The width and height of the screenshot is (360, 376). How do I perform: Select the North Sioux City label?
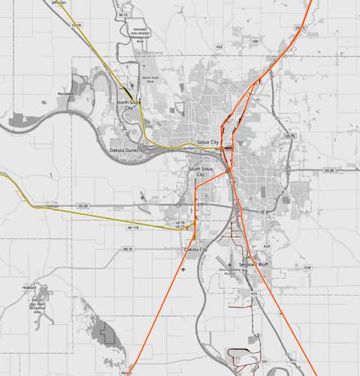click(x=129, y=105)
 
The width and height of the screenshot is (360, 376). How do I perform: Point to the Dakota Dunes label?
click(x=124, y=150)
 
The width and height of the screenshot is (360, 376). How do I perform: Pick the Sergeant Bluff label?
click(x=253, y=265)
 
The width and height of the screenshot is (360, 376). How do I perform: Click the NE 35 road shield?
click(x=128, y=249)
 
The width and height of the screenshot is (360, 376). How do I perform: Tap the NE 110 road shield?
click(x=133, y=227)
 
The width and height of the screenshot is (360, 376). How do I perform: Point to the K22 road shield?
click(x=219, y=47)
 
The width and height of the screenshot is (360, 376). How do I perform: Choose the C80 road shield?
click(x=255, y=41)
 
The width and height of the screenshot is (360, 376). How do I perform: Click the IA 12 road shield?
click(x=123, y=14)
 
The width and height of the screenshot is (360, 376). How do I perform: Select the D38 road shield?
click(x=307, y=267)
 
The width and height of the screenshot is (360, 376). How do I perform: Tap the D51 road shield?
click(x=265, y=362)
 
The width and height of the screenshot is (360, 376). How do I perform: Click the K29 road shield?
click(x=266, y=246)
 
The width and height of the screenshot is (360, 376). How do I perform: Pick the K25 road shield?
click(x=254, y=293)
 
